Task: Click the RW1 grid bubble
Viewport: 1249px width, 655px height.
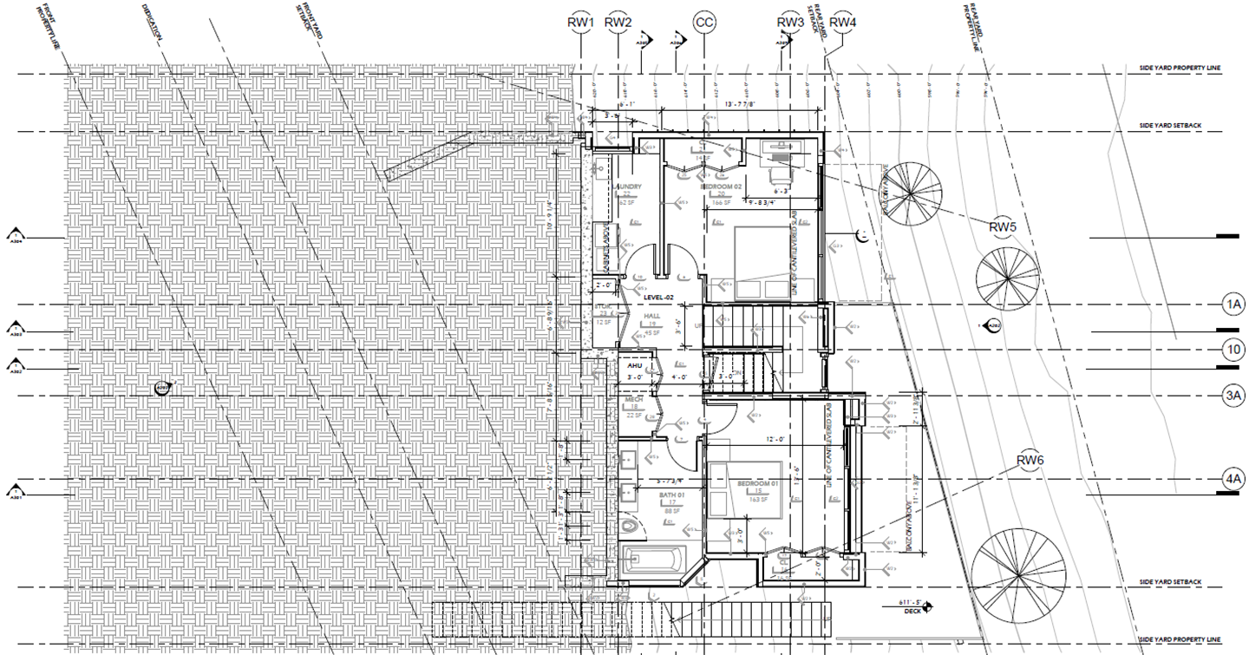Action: [x=580, y=22]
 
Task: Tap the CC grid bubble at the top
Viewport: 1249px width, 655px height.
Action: [x=704, y=22]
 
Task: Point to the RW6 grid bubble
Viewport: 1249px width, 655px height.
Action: [x=1030, y=460]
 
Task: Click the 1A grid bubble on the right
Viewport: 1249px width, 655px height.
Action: [x=1233, y=305]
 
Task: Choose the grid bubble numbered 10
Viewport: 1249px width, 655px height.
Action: [x=1233, y=350]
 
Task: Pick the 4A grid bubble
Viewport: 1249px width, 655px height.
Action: [x=1233, y=479]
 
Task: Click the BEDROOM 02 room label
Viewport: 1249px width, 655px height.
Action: [x=721, y=187]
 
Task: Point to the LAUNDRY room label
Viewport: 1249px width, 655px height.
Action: [x=627, y=187]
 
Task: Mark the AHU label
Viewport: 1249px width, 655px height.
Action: [x=634, y=366]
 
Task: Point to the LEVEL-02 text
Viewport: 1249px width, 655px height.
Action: [x=658, y=298]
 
